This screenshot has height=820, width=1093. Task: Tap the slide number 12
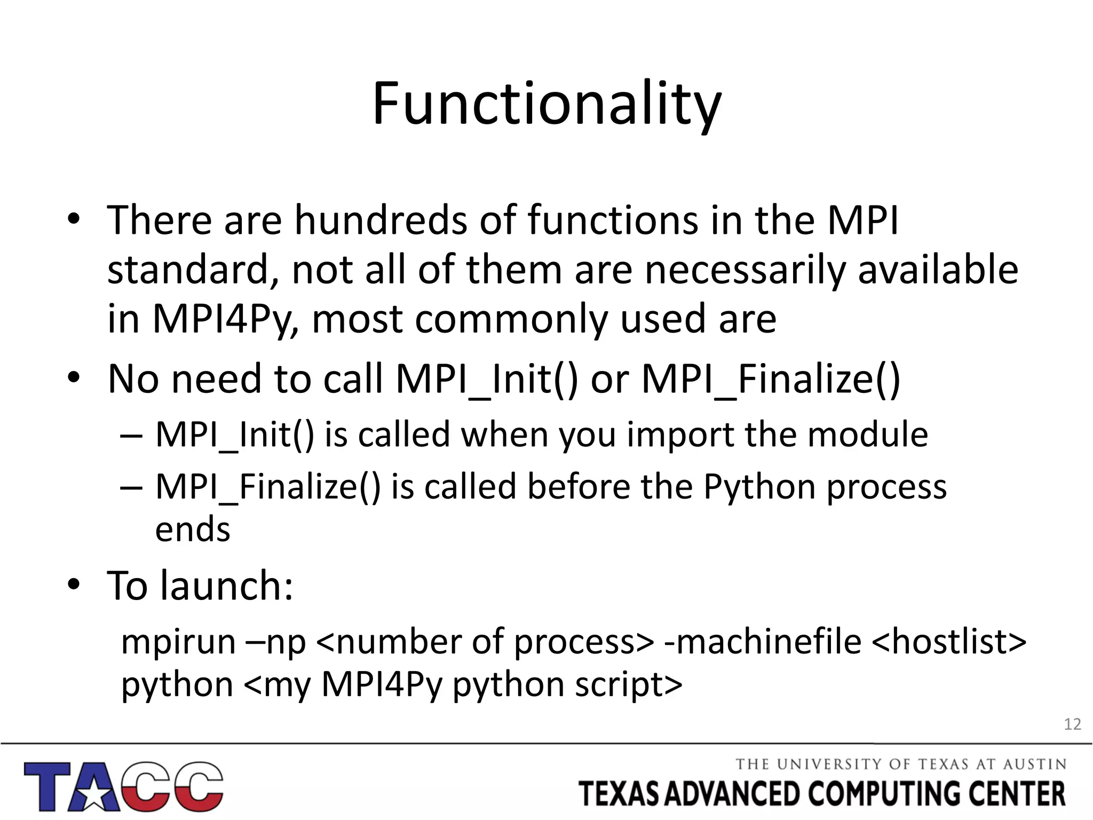tap(1072, 724)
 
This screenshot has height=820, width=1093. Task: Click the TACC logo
tap(123, 786)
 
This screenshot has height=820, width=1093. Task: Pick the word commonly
tap(512, 319)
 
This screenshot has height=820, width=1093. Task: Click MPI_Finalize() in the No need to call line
tap(771, 379)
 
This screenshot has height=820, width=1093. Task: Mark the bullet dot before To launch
tap(74, 586)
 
